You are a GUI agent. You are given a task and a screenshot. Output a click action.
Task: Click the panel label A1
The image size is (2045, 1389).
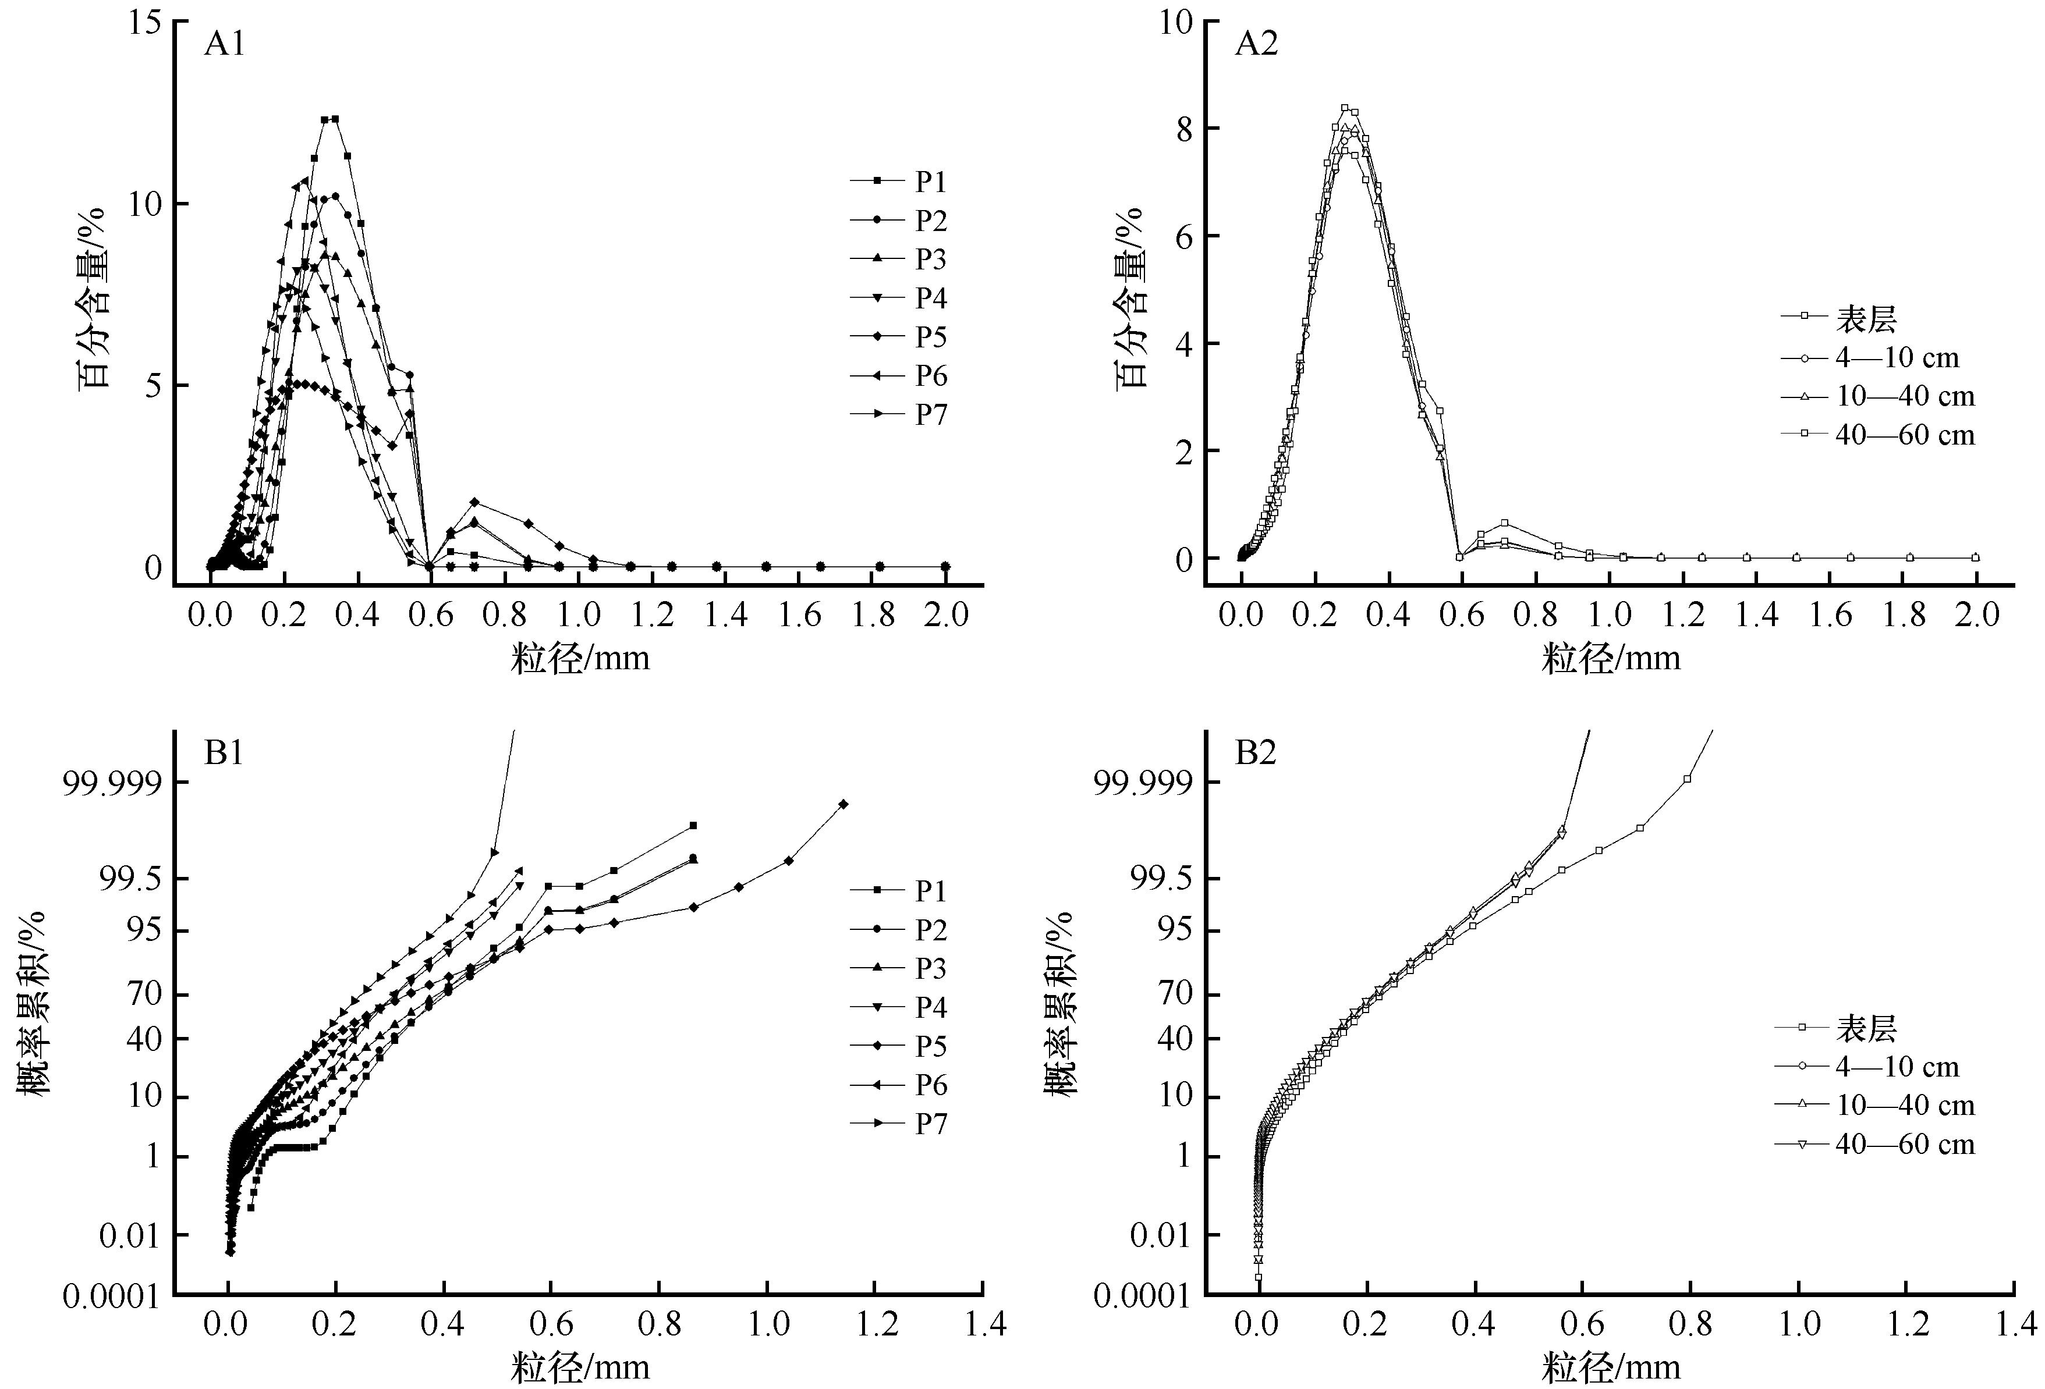(224, 43)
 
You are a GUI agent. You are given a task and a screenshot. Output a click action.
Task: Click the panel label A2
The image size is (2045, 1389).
(1256, 43)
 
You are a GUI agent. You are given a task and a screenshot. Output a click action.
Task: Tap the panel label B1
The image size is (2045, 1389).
(224, 753)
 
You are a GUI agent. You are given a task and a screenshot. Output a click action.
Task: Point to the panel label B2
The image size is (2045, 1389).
(1255, 753)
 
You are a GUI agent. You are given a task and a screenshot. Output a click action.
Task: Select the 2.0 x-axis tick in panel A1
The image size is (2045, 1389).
(946, 616)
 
